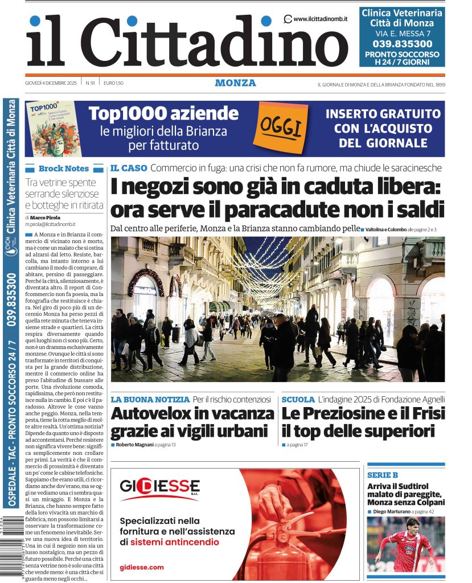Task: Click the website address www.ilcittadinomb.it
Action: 321,19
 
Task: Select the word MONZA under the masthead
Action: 235,83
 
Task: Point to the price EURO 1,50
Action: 113,83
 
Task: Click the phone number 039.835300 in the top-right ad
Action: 402,43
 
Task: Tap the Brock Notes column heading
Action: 63,169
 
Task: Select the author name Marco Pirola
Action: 46,217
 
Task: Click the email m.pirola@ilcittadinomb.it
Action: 52,225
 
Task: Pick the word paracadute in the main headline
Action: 281,209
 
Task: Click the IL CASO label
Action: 129,168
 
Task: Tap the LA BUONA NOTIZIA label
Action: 150,400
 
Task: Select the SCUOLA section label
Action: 298,400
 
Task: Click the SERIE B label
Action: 383,475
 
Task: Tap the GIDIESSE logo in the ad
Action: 159,487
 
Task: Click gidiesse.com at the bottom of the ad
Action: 141,567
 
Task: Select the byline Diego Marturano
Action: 392,512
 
